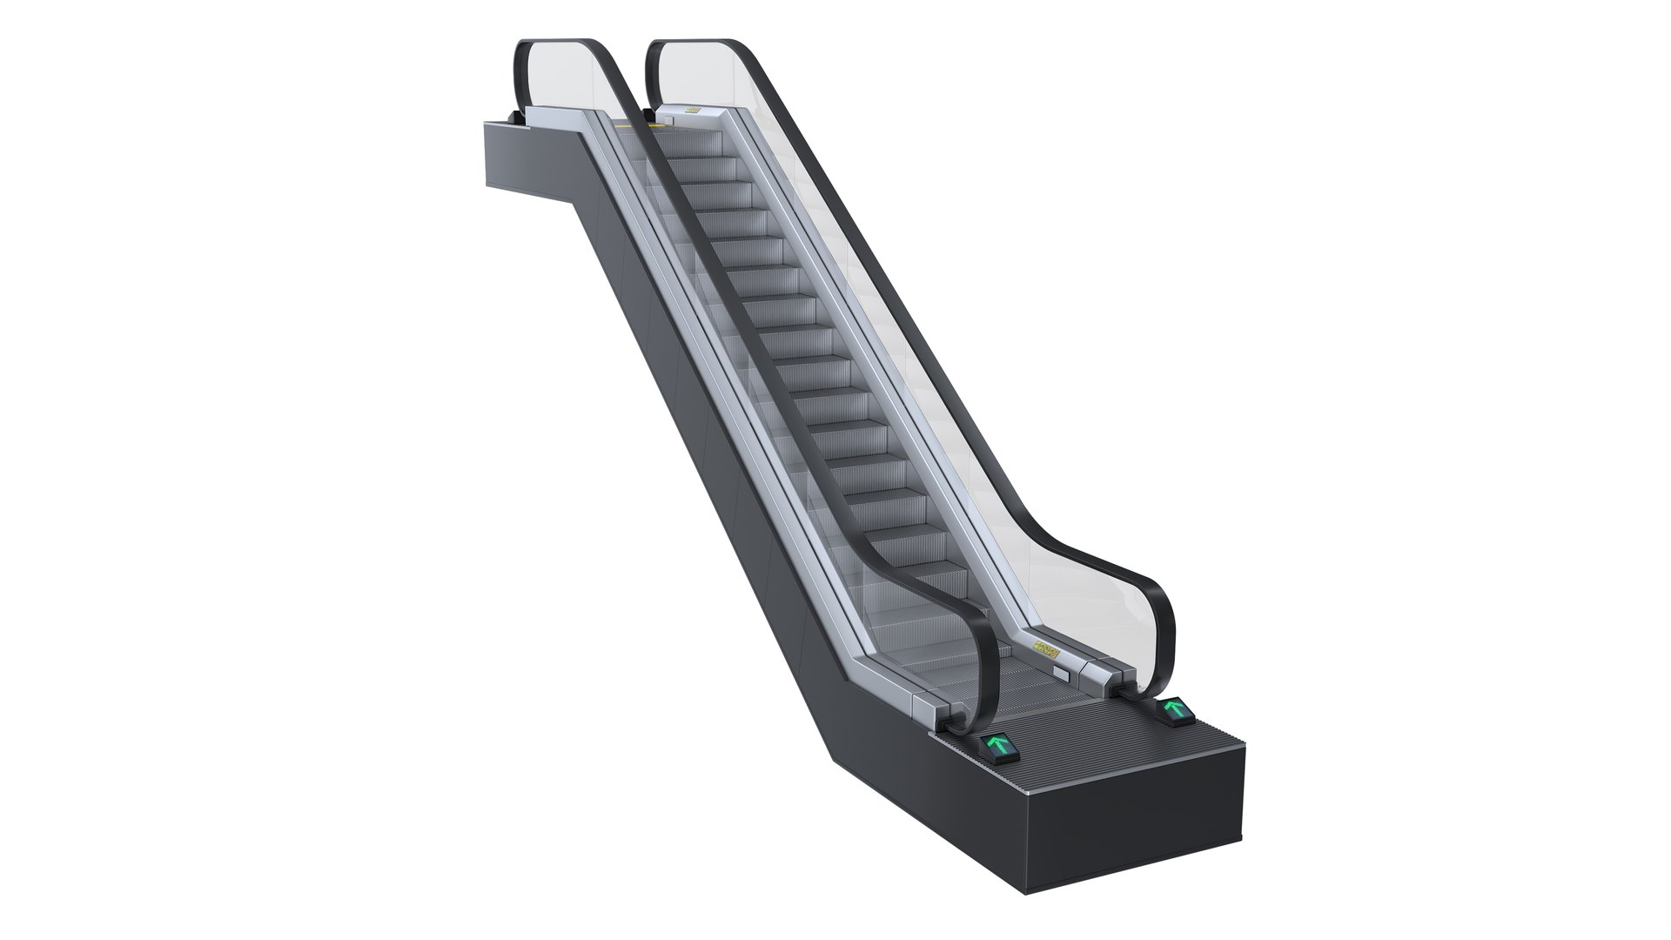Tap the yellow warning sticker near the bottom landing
point(1047,648)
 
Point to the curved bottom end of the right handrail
point(1162,622)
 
